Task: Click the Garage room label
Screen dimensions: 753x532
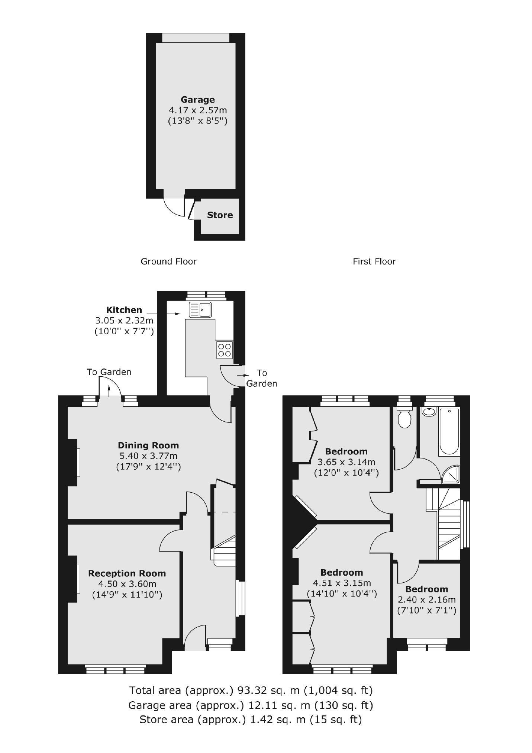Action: (x=197, y=100)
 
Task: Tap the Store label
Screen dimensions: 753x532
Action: (x=220, y=215)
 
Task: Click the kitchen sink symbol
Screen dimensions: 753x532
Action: (x=200, y=309)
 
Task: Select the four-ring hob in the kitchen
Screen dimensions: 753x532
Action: (x=225, y=350)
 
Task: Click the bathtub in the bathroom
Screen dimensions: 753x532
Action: (x=449, y=431)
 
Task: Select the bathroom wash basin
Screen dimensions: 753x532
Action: (x=429, y=412)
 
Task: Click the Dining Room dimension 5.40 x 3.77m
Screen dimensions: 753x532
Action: (x=148, y=456)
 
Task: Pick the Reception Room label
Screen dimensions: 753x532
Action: (x=127, y=573)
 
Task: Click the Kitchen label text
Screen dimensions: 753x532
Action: (x=124, y=310)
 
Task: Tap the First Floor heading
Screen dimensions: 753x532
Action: (x=374, y=261)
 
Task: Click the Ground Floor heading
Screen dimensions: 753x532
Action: (x=168, y=261)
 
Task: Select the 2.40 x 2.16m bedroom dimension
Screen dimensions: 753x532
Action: (x=426, y=599)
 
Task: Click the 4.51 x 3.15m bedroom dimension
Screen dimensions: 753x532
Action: (x=342, y=583)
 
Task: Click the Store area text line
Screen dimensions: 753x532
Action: (x=251, y=720)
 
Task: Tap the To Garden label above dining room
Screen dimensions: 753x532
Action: (x=109, y=372)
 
